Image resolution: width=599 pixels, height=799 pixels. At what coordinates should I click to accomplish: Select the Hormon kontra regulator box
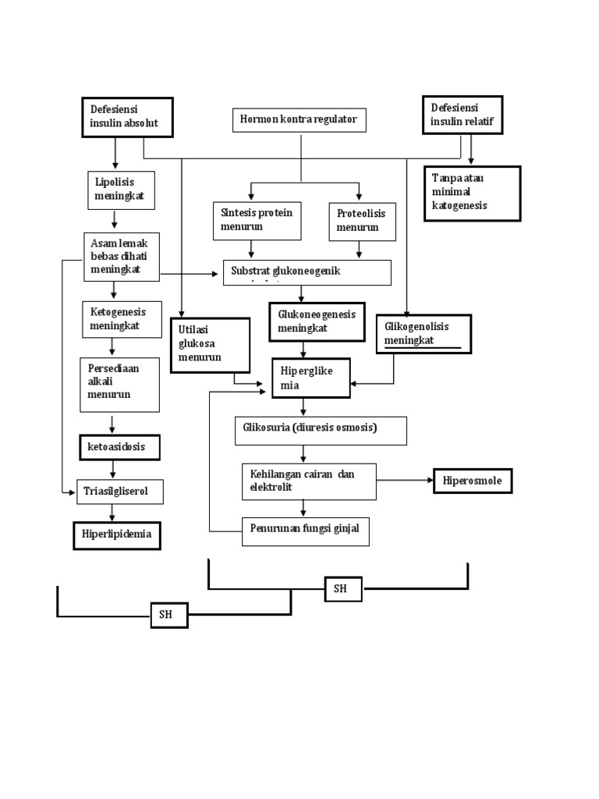pyautogui.click(x=299, y=120)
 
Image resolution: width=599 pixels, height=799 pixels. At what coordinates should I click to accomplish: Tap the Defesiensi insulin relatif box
pyautogui.click(x=462, y=115)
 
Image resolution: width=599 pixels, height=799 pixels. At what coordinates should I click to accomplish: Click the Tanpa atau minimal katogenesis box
pyautogui.click(x=471, y=194)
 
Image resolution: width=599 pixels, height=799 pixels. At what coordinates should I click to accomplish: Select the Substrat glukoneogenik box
pyautogui.click(x=307, y=272)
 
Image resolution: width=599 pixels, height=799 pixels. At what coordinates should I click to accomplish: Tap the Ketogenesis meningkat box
pyautogui.click(x=121, y=318)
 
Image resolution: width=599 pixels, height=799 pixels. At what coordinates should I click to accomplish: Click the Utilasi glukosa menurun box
pyautogui.click(x=210, y=344)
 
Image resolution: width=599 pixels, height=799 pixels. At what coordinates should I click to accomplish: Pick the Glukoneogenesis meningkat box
pyautogui.click(x=317, y=322)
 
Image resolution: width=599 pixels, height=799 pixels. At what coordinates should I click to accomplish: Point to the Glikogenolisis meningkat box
pyautogui.click(x=424, y=334)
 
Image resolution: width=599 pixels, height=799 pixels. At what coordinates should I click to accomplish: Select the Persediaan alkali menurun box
pyautogui.click(x=119, y=384)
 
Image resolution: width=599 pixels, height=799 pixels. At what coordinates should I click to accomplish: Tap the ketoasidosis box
pyautogui.click(x=119, y=447)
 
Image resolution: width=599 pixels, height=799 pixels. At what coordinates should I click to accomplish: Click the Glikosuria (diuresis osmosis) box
pyautogui.click(x=320, y=430)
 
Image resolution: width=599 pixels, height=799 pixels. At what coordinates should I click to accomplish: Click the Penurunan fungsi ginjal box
pyautogui.click(x=305, y=531)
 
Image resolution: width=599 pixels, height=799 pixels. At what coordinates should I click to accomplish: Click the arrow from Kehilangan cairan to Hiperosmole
pyautogui.click(x=405, y=481)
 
